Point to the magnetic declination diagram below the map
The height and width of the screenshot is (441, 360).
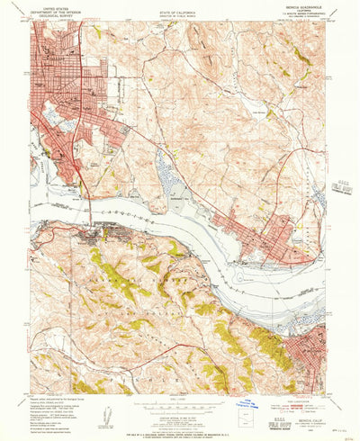pyautogui.click(x=108, y=416)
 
